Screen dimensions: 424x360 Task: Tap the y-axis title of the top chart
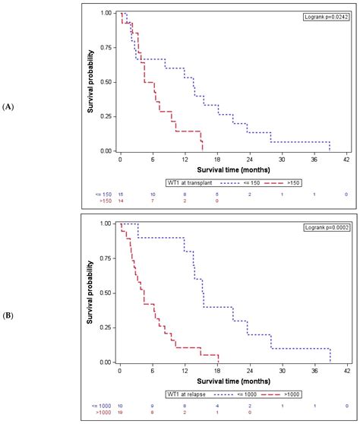pyautogui.click(x=90, y=82)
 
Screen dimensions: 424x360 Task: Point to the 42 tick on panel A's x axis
pyautogui.click(x=346, y=160)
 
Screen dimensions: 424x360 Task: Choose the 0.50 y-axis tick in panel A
pyautogui.click(x=106, y=82)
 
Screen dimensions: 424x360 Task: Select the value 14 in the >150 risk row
pyautogui.click(x=120, y=202)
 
